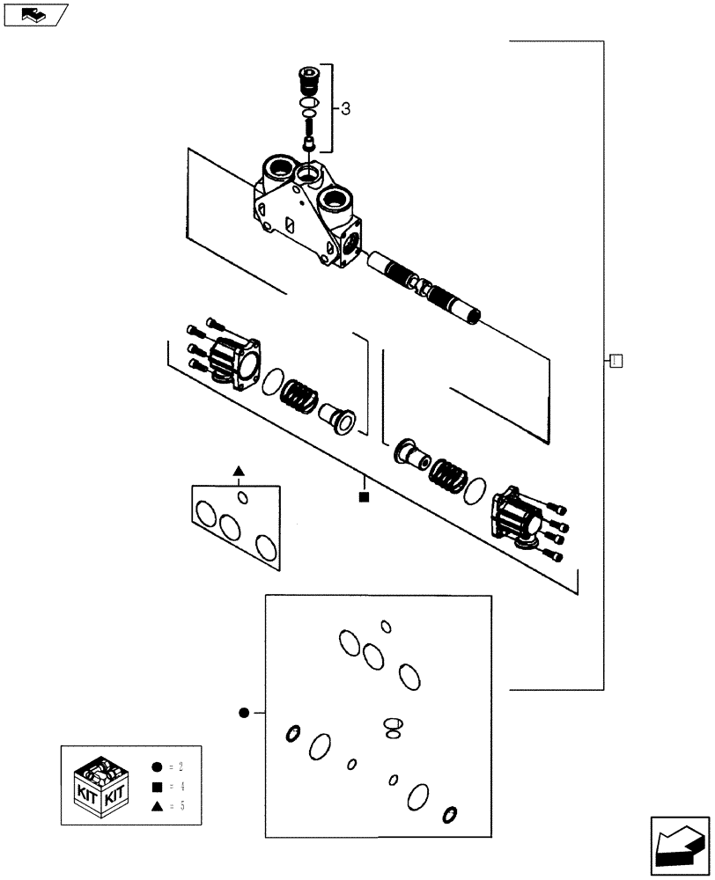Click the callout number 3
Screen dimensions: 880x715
[345, 109]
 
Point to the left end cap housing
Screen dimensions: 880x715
[233, 361]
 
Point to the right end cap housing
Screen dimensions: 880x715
[517, 518]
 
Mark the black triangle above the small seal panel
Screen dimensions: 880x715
[238, 473]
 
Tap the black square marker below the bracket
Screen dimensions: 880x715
[363, 498]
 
